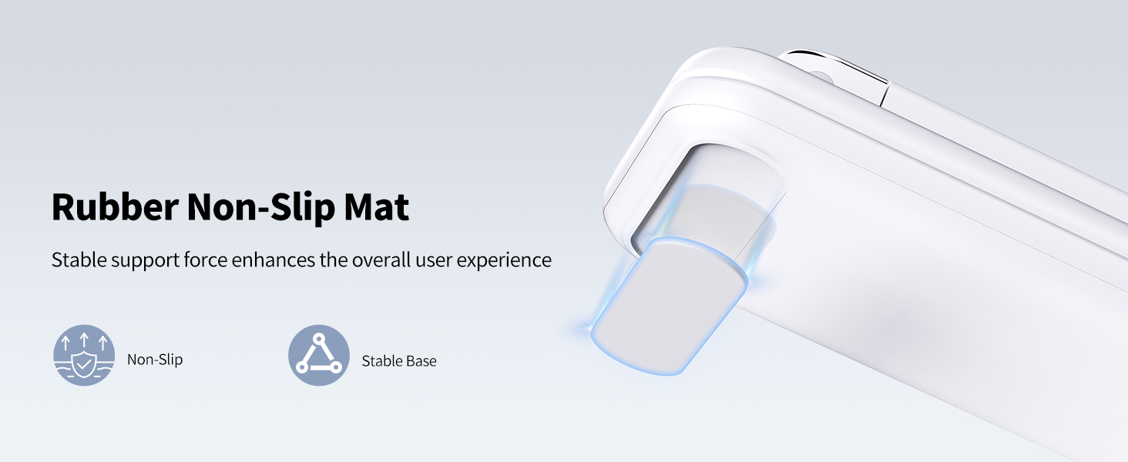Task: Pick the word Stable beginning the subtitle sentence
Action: point(79,260)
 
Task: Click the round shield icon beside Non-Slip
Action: point(84,355)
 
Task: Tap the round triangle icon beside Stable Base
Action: point(319,355)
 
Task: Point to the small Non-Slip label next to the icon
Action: point(155,360)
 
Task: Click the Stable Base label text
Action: point(399,360)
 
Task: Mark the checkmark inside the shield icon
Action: point(84,360)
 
